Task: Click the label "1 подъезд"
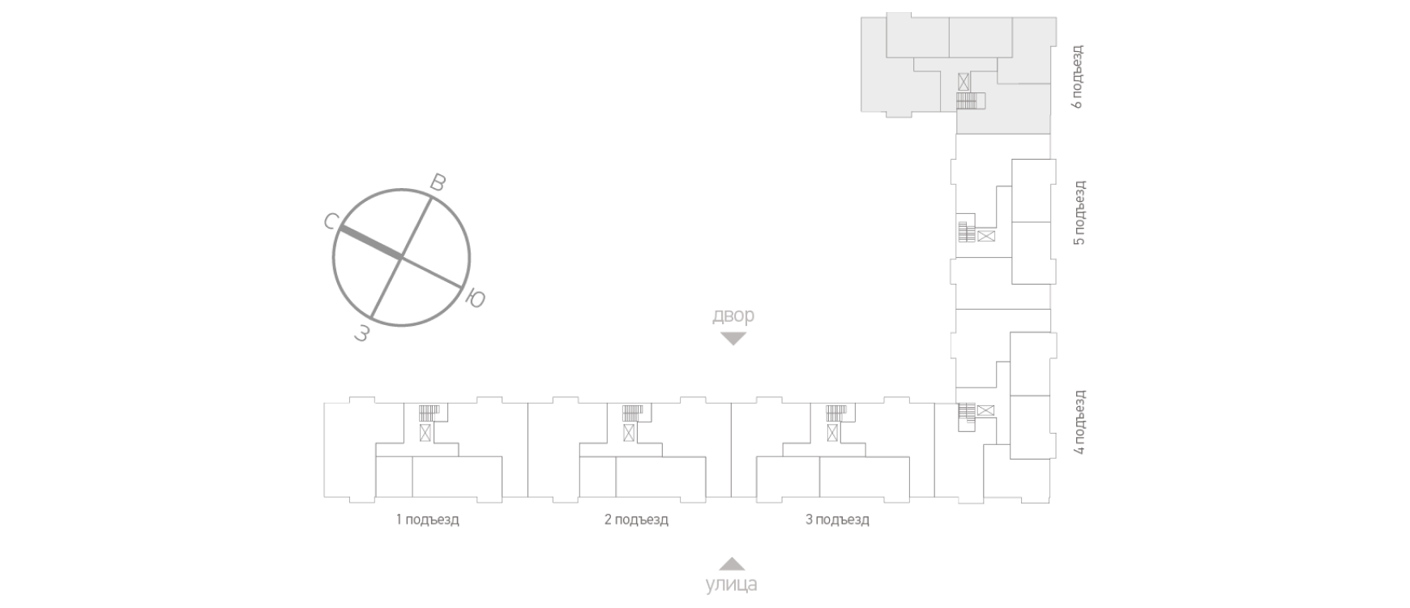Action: (427, 520)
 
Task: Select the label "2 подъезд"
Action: (636, 520)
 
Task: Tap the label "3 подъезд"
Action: (837, 520)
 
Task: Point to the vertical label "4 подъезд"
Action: (1079, 422)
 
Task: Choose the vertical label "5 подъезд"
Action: (1079, 213)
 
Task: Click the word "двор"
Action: (733, 316)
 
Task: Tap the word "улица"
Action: (732, 584)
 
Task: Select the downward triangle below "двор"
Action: (733, 339)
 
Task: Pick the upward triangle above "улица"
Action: (732, 563)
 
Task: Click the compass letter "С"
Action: (331, 221)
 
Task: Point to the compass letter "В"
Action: (438, 182)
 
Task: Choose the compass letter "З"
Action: (362, 332)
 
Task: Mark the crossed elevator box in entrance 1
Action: (425, 432)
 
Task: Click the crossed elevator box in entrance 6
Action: (963, 82)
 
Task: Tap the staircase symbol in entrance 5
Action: (966, 232)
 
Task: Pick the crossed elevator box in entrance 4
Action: (985, 411)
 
